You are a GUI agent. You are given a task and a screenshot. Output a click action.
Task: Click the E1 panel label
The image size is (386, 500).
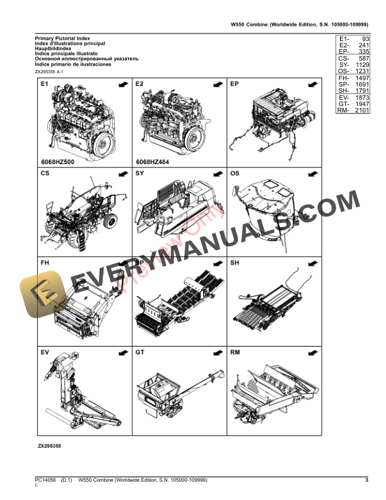click(45, 83)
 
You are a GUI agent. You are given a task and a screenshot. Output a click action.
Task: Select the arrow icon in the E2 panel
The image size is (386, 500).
click(217, 84)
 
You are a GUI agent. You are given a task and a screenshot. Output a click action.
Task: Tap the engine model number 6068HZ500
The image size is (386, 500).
click(57, 161)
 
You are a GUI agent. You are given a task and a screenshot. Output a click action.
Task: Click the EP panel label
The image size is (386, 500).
click(234, 83)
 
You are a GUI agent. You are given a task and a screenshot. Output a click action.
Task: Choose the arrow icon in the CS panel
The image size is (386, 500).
click(122, 174)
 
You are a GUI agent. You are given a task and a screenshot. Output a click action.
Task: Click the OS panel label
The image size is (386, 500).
click(235, 173)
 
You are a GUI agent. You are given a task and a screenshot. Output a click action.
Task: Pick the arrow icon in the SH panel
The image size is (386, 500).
click(312, 263)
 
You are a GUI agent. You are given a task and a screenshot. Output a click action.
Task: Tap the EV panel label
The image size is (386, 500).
click(45, 352)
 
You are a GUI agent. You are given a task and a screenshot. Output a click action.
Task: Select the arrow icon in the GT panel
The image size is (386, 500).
click(217, 352)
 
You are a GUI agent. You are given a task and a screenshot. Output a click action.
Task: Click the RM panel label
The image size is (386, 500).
click(235, 352)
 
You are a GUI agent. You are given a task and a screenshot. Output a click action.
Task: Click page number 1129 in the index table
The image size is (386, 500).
click(361, 64)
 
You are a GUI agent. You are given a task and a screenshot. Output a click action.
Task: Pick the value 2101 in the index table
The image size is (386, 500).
click(361, 111)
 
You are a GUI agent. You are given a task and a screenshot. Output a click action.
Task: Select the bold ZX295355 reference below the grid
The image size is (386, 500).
click(49, 446)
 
